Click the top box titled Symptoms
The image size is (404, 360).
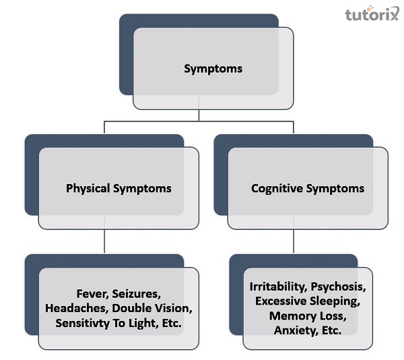point(213,69)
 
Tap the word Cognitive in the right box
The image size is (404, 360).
point(277,189)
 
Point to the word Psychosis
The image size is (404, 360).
point(339,288)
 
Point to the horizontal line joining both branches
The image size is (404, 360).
point(199,121)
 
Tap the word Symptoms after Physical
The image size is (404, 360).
point(142,189)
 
